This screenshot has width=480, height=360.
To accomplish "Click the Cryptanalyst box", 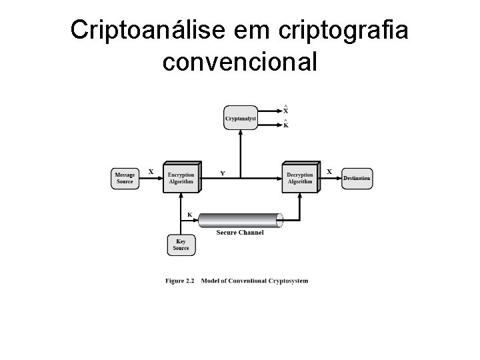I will (240, 118).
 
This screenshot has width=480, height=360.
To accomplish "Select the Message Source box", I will (125, 178).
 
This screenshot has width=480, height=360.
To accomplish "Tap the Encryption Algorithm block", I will (181, 178).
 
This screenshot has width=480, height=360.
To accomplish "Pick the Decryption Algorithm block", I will (300, 178).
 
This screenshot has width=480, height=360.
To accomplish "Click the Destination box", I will (357, 178).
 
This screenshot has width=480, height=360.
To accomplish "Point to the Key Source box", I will (181, 245).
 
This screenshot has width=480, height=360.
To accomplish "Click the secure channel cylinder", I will (240, 220).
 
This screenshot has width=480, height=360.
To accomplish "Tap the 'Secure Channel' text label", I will (240, 233).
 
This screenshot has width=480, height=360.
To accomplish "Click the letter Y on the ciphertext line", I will (223, 173).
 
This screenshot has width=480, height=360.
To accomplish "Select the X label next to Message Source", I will (151, 171).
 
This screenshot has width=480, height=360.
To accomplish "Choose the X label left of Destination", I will (329, 171).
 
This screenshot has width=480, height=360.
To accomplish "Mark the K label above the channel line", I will (189, 215).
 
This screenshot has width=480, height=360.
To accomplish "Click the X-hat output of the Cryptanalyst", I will (286, 110).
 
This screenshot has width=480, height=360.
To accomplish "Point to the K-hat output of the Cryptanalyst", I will (286, 124).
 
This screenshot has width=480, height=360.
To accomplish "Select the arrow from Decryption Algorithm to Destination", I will (330, 178).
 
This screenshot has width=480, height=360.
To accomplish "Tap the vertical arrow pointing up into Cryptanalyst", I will (240, 153).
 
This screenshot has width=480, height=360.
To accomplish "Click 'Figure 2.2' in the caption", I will (179, 281).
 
